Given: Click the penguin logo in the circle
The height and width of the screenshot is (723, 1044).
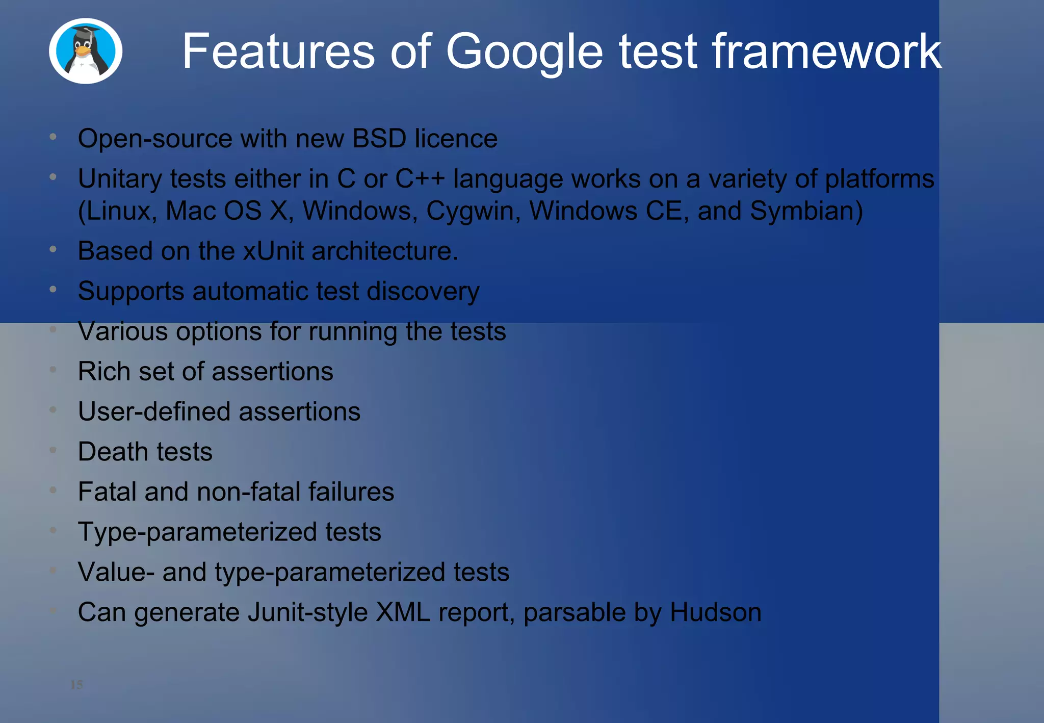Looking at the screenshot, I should [x=85, y=51].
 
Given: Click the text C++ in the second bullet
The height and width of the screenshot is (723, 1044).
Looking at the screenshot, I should [x=420, y=179].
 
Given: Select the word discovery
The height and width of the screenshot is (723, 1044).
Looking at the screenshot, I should [x=423, y=292].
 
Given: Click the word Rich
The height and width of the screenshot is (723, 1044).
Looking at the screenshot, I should [x=104, y=371].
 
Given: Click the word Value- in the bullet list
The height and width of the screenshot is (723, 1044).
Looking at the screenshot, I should [x=116, y=572].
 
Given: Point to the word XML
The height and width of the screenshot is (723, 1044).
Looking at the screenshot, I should [x=402, y=612].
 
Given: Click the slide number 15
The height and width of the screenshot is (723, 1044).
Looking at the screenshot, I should [x=76, y=685].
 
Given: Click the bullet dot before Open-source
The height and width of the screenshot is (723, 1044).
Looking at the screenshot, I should [x=53, y=137].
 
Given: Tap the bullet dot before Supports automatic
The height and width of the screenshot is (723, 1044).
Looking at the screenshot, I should [x=53, y=289].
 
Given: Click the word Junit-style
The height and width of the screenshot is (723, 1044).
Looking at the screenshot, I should [x=307, y=612].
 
